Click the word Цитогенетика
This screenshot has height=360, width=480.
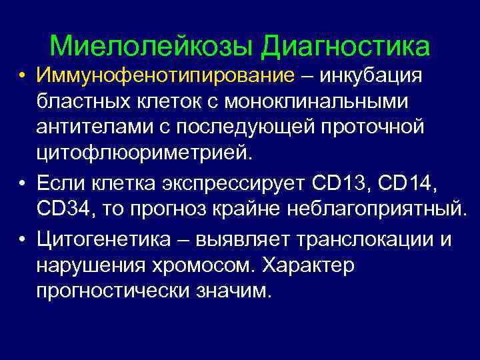tap(109, 239)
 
